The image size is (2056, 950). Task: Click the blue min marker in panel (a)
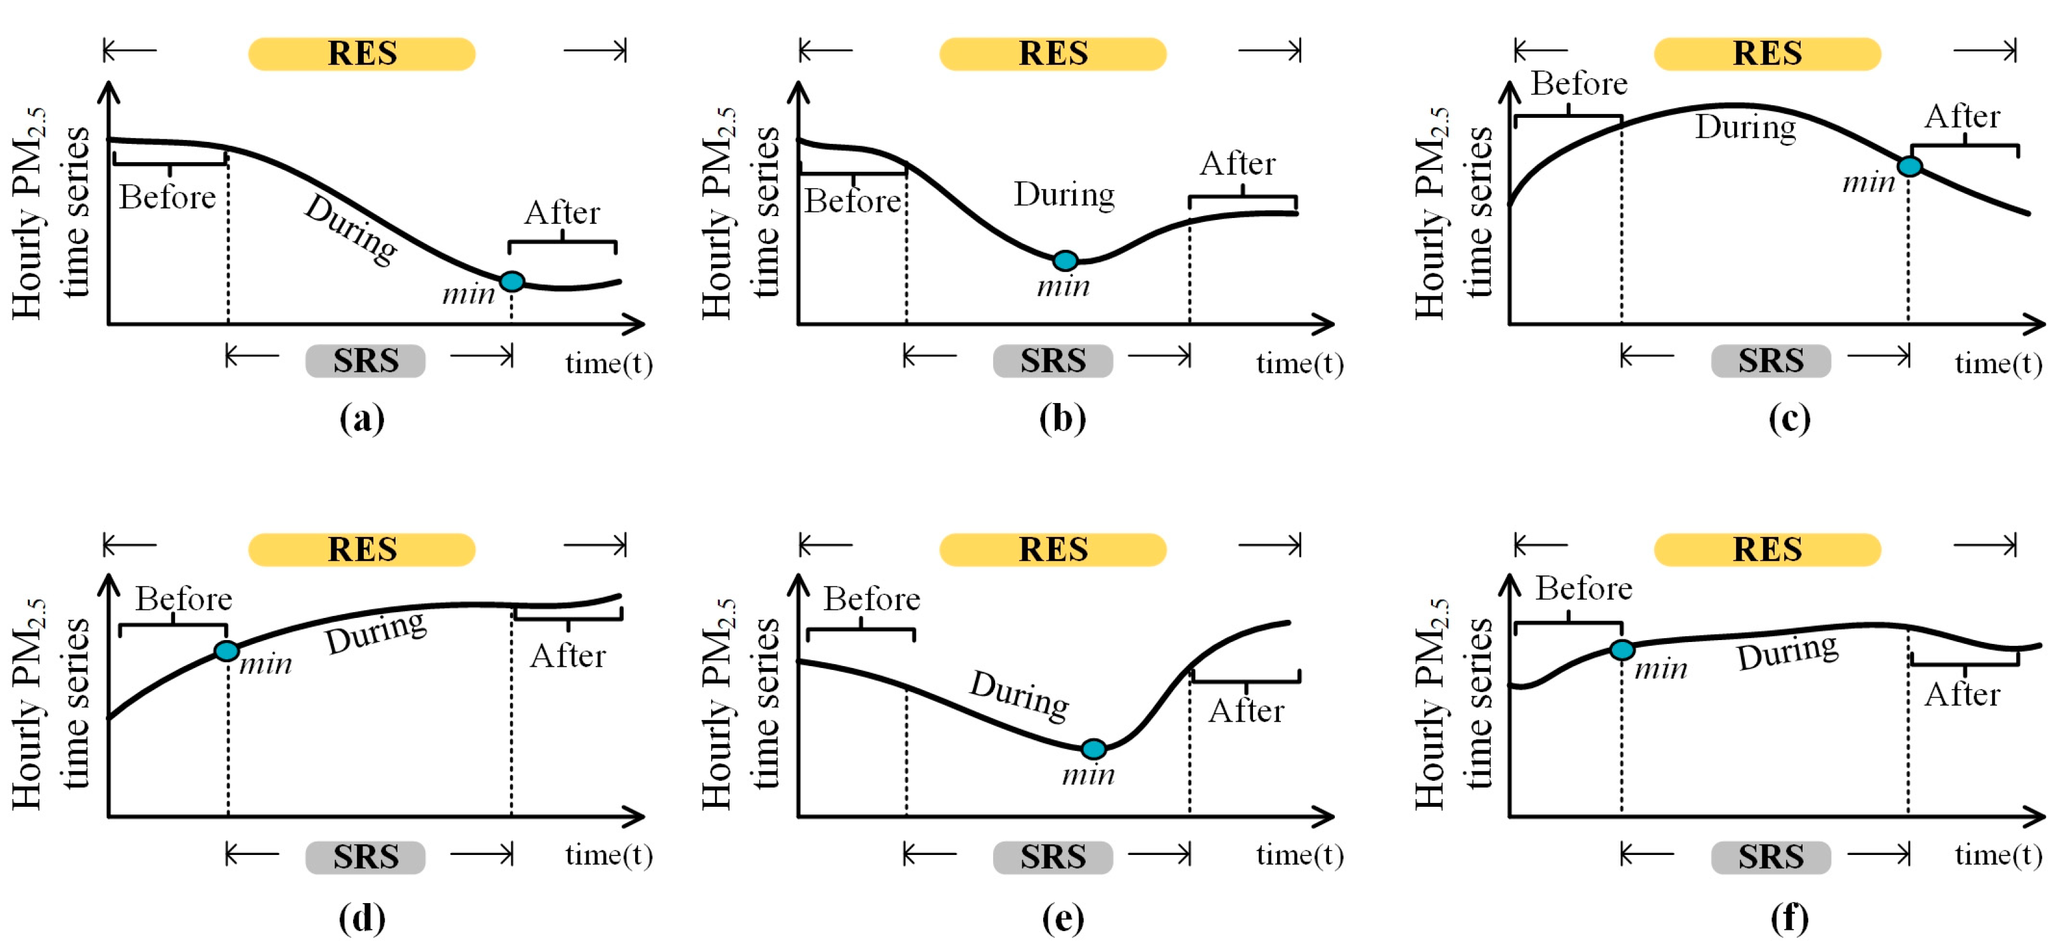511,281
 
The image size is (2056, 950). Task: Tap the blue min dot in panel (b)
1065,260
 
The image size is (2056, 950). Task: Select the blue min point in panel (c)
1909,166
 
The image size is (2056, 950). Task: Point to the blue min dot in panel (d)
227,652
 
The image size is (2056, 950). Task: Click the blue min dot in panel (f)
1622,650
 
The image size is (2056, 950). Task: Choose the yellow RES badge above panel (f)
1767,549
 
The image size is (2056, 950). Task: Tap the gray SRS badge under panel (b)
1053,361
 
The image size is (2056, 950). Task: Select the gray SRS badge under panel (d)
366,857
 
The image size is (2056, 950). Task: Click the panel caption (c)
1789,418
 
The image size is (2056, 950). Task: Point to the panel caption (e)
1062,918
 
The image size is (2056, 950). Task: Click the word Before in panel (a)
167,196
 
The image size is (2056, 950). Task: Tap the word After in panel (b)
1237,164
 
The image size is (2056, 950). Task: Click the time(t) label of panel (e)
1299,855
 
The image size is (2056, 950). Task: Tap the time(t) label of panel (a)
609,363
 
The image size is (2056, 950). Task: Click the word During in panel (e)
1019,695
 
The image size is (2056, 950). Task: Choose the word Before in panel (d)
184,599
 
